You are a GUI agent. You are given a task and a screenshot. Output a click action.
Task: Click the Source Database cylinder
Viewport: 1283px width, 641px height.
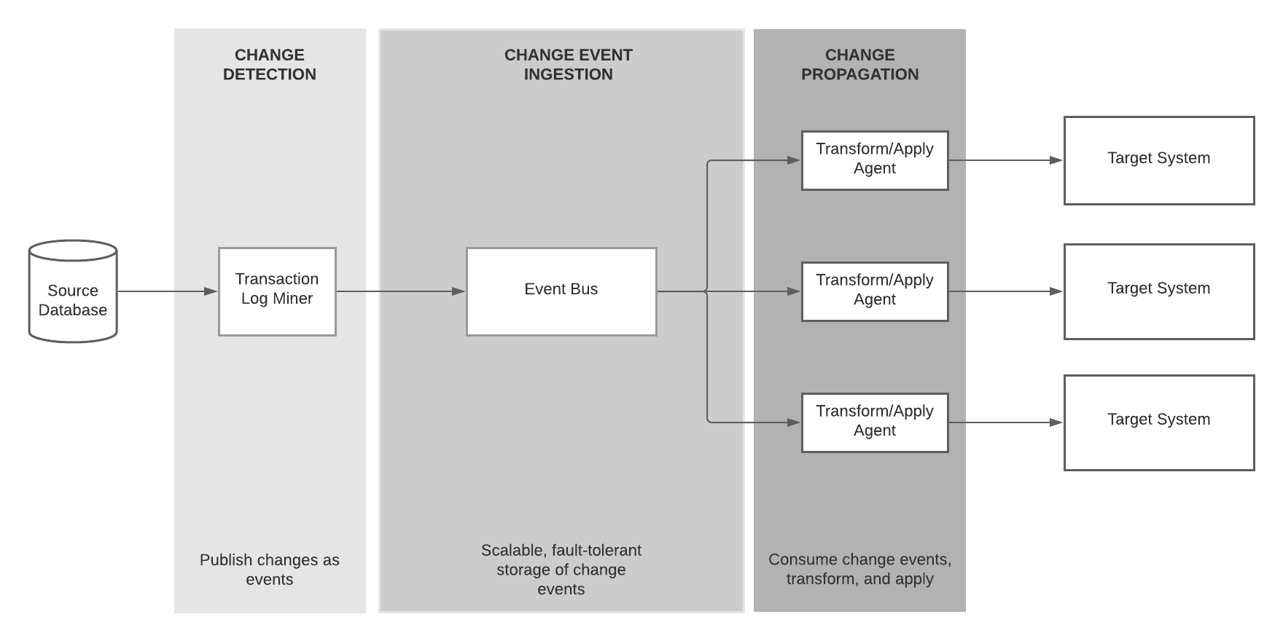tap(73, 291)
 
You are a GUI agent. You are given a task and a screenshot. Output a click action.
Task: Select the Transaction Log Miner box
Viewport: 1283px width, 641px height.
tap(277, 291)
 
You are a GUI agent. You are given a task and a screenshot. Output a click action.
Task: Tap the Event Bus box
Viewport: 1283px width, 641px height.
tap(561, 291)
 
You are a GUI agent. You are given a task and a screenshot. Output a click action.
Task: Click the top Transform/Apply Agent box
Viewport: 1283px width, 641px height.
tap(875, 160)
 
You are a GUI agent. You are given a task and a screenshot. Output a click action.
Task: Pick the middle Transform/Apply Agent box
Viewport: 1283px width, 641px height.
tap(875, 291)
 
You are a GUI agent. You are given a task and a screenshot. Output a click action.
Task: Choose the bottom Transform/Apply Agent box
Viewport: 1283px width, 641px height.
tap(875, 422)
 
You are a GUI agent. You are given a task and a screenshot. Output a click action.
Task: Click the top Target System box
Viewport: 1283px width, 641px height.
tap(1159, 160)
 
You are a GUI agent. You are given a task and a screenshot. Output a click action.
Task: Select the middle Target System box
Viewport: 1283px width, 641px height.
tap(1159, 291)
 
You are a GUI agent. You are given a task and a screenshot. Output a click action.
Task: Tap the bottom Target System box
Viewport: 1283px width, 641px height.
tap(1159, 422)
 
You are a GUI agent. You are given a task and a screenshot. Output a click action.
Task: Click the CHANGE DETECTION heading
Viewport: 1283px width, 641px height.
tap(270, 65)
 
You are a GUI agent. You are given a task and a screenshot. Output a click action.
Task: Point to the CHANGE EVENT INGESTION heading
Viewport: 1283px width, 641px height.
tap(569, 65)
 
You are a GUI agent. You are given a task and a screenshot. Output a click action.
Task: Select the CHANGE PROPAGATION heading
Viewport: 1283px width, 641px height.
tap(860, 65)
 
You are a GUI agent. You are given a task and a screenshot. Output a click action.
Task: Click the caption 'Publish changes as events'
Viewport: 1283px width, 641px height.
tap(270, 570)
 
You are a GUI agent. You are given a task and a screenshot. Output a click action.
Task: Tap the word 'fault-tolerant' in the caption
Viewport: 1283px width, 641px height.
tap(596, 551)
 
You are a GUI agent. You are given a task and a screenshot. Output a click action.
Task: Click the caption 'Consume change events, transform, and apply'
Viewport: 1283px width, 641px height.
tap(860, 570)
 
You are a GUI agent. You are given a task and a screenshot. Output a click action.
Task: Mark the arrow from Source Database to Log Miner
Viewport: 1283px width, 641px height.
tap(168, 291)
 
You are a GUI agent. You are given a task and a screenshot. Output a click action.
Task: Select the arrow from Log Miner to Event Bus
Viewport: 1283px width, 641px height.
tap(401, 291)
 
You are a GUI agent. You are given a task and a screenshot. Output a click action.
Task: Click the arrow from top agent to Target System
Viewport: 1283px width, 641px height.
tap(1006, 160)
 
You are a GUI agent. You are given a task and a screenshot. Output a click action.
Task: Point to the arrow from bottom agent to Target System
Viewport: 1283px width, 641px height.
tap(1006, 422)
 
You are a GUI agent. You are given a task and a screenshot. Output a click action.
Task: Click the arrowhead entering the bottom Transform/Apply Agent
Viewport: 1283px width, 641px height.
tap(794, 422)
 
